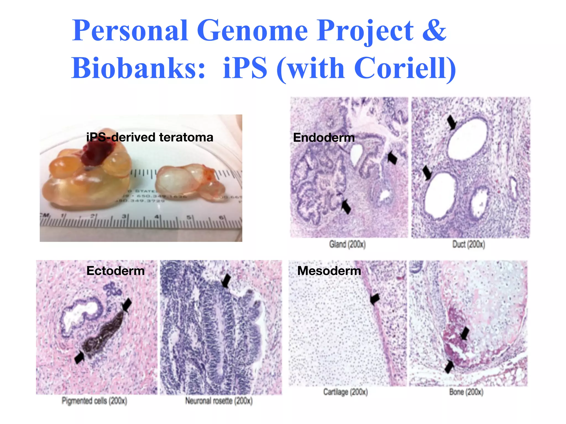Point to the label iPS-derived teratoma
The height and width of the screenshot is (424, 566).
[x=150, y=137]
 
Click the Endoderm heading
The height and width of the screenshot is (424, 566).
[x=324, y=138]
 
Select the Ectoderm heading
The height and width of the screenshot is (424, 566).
[x=116, y=271]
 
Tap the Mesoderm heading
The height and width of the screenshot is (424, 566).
[x=329, y=271]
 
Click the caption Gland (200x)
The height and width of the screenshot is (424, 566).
[x=347, y=244]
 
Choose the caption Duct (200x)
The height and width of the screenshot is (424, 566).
[x=468, y=244]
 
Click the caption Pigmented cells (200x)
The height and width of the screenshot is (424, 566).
[x=94, y=401]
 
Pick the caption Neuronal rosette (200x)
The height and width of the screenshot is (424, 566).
[x=219, y=401]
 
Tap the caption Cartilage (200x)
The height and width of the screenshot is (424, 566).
[x=345, y=392]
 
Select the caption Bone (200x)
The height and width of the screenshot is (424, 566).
[x=466, y=392]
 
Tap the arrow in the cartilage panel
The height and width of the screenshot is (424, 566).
[x=375, y=299]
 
